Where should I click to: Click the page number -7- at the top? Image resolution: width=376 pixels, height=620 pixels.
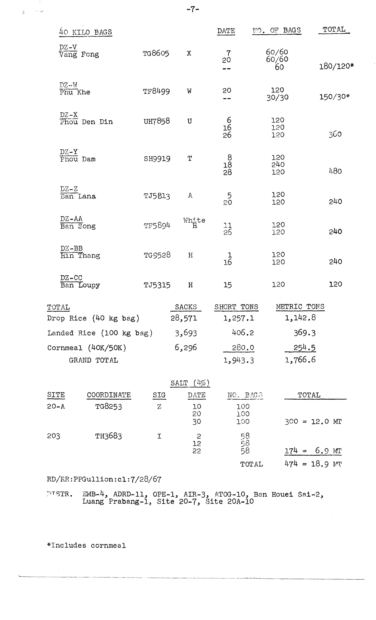pos(193,10)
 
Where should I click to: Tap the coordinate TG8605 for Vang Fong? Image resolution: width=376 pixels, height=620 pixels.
pos(156,53)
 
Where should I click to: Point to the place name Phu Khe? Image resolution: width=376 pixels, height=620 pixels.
pos(75,92)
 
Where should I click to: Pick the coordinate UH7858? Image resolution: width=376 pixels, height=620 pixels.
pos(157,121)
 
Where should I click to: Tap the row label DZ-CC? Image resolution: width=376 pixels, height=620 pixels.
pos(71,278)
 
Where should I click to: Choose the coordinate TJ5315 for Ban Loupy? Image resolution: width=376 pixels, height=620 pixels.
pos(157,285)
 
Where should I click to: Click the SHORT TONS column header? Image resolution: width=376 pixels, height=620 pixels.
pos(236,307)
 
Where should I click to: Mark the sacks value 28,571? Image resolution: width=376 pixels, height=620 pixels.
pos(184,318)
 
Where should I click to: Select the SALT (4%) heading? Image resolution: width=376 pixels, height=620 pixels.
pos(190,383)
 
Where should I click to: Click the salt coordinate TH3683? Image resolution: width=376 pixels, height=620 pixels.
pos(108,436)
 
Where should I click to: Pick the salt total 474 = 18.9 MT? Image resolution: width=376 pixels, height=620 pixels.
pos(313,464)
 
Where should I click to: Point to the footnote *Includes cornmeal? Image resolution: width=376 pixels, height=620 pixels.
pos(86,545)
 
